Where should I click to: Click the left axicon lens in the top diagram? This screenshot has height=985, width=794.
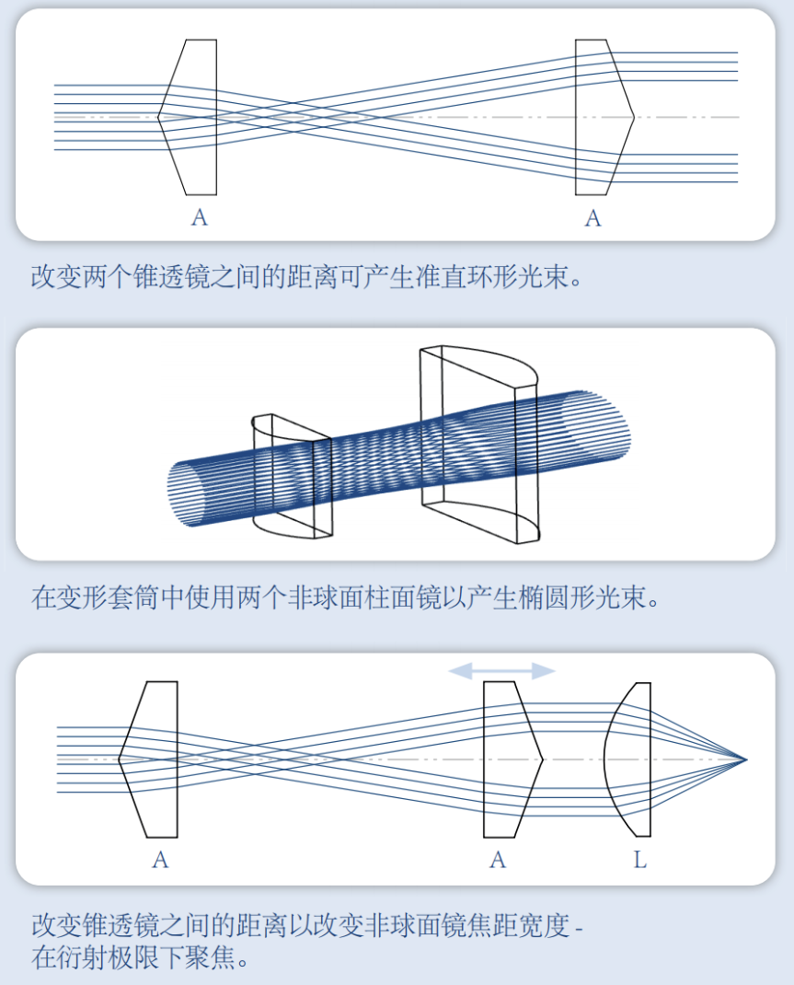tap(190, 117)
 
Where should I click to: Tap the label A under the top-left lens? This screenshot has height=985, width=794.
tap(200, 218)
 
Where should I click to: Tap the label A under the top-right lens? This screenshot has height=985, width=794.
tap(593, 218)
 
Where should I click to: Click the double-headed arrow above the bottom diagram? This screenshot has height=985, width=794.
tap(501, 671)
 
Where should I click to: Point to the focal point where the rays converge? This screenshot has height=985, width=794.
tap(745, 759)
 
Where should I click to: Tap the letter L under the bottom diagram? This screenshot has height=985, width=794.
tap(640, 861)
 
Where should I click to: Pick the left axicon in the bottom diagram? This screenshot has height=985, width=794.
tap(152, 759)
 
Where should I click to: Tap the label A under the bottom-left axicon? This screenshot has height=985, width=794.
tap(160, 861)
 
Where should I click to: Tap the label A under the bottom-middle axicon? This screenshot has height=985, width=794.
tap(498, 861)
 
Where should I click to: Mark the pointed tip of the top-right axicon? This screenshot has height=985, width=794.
tap(634, 117)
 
